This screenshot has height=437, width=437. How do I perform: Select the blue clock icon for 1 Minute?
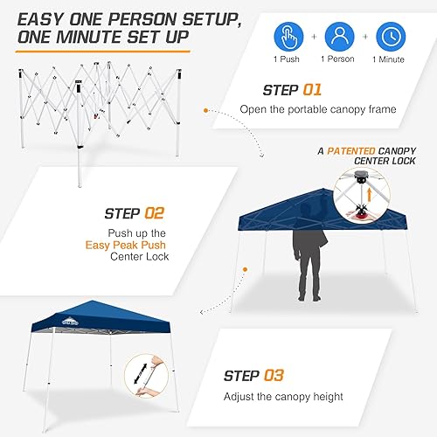coord(391,37)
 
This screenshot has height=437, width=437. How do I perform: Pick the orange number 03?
coord(274,376)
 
